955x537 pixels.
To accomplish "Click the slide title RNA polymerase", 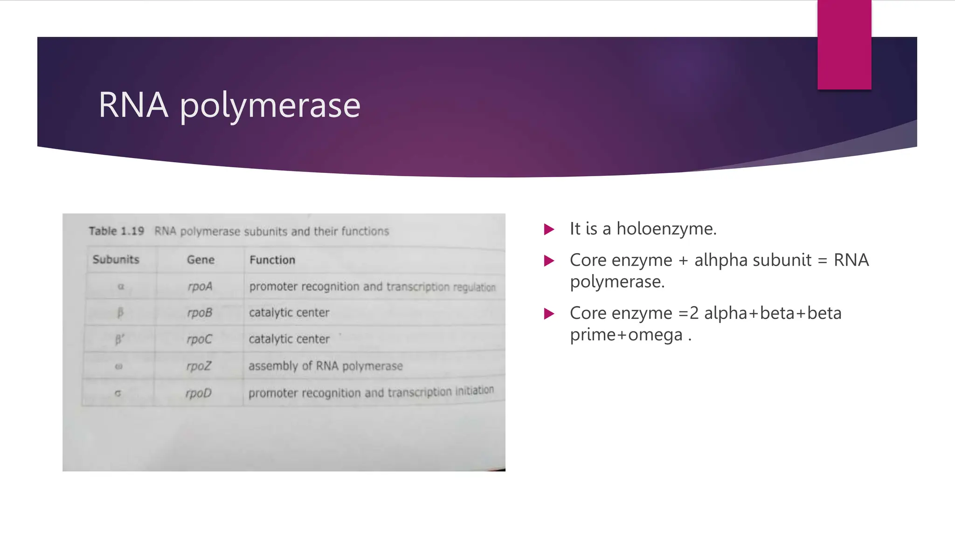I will [229, 105].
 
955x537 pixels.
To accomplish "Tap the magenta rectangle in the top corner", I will [844, 45].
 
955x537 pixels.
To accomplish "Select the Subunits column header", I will [116, 260].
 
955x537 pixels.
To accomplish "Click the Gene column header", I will [201, 260].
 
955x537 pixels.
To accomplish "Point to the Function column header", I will [272, 260].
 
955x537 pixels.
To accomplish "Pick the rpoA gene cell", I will [200, 286].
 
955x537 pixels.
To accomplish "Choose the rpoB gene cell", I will [200, 312].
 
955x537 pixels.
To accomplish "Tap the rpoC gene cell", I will [199, 339].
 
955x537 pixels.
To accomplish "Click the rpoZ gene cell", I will [199, 366].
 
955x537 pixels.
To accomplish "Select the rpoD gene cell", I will [199, 393].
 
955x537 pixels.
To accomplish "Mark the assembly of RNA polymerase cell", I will [325, 366].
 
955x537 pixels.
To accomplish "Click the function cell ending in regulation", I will [372, 287].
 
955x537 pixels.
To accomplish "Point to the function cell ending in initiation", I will [371, 392].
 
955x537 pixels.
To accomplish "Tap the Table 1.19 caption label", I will [117, 231].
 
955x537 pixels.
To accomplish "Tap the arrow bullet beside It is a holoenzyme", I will [549, 229].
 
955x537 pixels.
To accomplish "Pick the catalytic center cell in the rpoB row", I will [289, 312].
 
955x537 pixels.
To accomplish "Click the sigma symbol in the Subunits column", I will [118, 393].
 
